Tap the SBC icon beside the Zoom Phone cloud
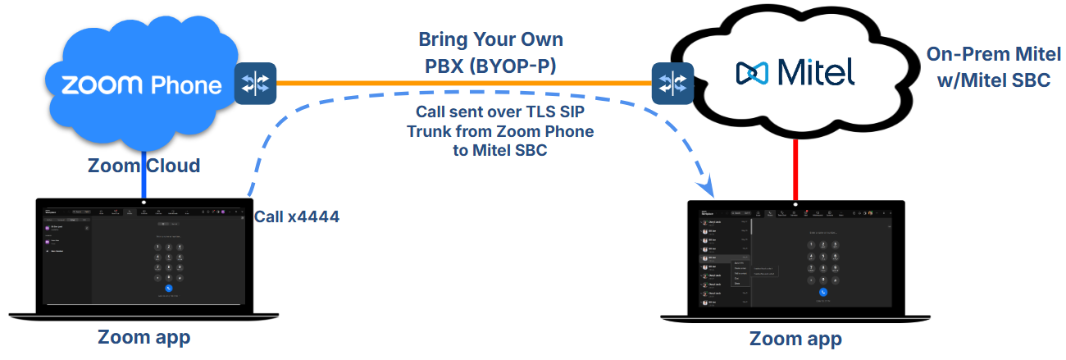(x=256, y=83)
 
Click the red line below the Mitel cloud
(x=795, y=168)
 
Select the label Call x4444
(x=296, y=216)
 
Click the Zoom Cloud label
(x=143, y=166)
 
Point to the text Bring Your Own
(x=490, y=39)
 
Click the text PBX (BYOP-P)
(x=490, y=66)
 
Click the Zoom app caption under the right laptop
(x=795, y=338)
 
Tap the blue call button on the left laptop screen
(x=168, y=288)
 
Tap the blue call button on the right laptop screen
(x=822, y=292)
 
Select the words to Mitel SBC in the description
(x=500, y=151)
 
